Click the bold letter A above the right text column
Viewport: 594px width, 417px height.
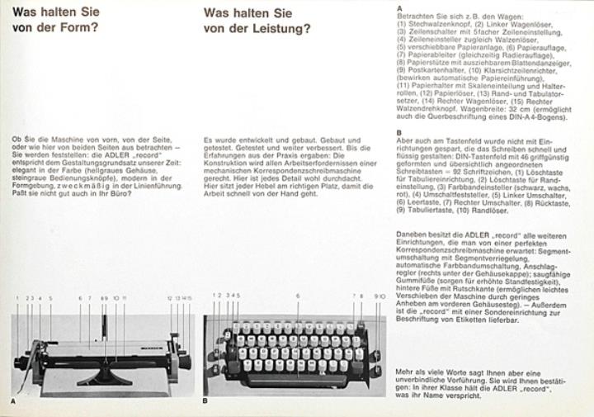[399, 7]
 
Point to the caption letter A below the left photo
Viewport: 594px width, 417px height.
[13, 400]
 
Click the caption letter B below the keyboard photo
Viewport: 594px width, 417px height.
[205, 400]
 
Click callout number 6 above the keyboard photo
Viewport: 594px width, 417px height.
[297, 295]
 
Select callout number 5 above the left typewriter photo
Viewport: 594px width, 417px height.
[50, 297]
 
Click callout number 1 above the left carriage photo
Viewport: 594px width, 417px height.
[16, 297]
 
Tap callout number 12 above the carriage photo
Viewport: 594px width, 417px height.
[169, 297]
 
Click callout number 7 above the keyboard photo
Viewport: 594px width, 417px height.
[354, 295]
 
